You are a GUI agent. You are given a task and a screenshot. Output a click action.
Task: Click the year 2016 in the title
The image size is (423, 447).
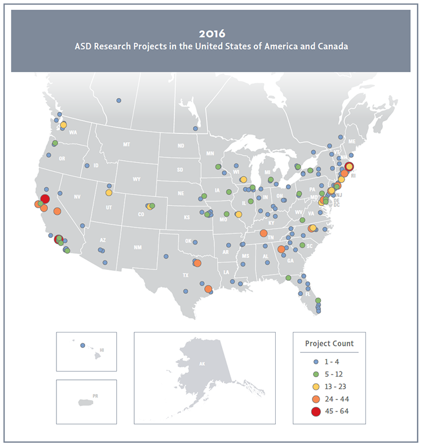click(211, 33)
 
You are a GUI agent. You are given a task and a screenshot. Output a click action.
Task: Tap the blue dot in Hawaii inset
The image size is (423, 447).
click(82, 346)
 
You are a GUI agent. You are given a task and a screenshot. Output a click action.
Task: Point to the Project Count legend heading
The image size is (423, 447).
click(329, 343)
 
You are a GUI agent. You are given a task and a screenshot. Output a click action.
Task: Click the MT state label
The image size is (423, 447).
click(126, 145)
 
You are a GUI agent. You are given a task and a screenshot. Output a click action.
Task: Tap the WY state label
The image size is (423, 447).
click(136, 179)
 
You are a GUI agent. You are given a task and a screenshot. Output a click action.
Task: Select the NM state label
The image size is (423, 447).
click(137, 247)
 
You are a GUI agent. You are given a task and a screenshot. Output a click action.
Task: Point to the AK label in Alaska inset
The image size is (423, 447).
click(201, 364)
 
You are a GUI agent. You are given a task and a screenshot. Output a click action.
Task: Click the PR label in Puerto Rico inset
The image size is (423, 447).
click(95, 396)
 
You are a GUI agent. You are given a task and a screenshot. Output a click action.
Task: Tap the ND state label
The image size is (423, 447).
click(181, 146)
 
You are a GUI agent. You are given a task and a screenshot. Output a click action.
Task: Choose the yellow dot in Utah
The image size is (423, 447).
click(109, 192)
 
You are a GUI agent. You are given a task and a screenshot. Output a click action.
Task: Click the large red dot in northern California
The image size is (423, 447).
click(45, 198)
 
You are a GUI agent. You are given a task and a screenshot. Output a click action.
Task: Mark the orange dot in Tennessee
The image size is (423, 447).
click(263, 233)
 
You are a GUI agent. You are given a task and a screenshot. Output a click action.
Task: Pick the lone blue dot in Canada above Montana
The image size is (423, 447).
click(118, 100)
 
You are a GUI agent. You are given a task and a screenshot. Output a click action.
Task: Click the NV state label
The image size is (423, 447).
click(77, 196)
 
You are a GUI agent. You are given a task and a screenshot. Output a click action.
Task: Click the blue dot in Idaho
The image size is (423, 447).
click(87, 166)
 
